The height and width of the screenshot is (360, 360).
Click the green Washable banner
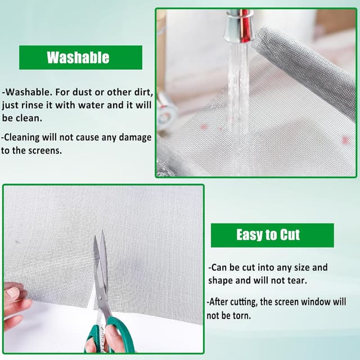coord(80,57)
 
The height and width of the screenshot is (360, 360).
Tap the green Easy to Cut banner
coord(272,235)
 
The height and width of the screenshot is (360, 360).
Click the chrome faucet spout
coord(238,26)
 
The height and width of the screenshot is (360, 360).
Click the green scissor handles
coord(110,335)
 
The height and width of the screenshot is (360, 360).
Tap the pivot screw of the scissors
coord(101,298)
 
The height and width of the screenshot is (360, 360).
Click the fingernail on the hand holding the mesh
coord(12,293)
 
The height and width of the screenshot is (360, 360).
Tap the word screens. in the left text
coord(45,151)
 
